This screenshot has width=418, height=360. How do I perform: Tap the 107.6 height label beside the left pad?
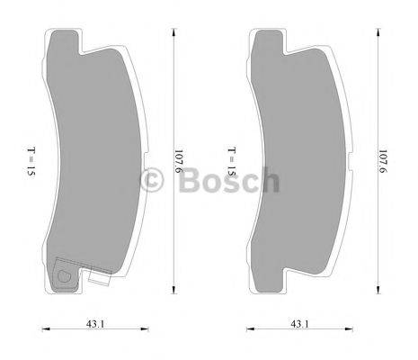[x=180, y=161]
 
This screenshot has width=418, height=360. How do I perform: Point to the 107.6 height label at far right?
[x=384, y=161]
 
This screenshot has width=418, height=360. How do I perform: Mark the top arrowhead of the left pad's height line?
[x=170, y=29]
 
